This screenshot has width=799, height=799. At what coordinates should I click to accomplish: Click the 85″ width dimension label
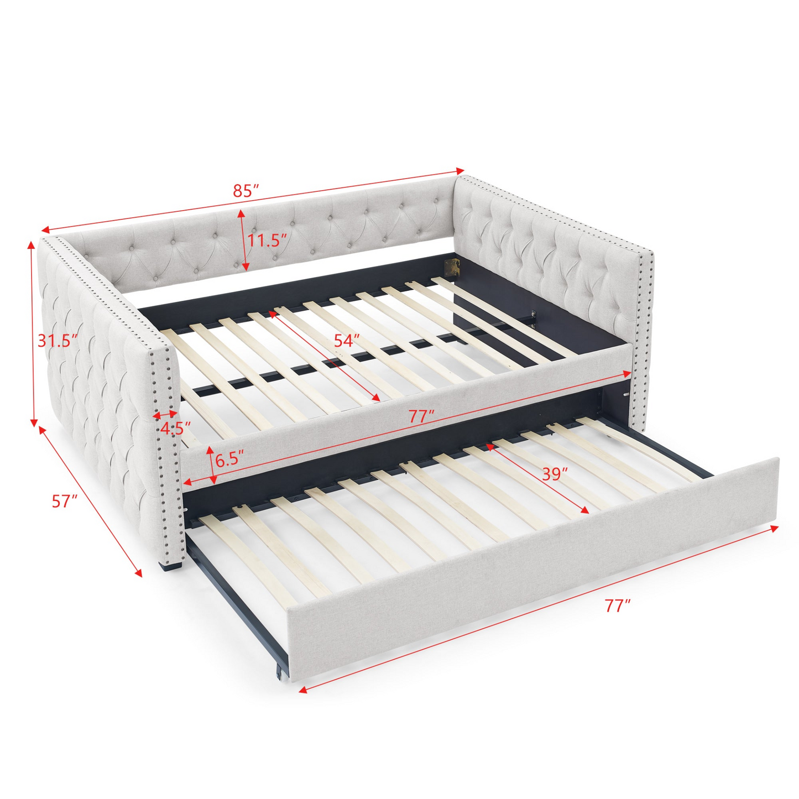[x=246, y=191]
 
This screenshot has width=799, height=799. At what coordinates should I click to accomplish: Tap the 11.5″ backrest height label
[x=267, y=241]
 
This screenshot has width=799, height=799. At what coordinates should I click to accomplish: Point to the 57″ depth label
[x=65, y=502]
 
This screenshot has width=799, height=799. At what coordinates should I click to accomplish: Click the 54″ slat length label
[x=347, y=341]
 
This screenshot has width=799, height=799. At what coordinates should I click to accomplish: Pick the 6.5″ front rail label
[x=229, y=460]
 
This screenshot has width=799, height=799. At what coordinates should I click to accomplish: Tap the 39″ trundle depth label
[x=555, y=474]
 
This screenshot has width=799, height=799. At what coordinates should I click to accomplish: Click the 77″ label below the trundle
[x=617, y=606]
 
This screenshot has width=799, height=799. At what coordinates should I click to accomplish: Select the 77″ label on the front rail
[x=422, y=417]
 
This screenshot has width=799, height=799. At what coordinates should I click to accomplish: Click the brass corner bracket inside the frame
[x=453, y=267]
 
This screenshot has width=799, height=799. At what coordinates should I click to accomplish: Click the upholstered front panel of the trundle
[x=531, y=575]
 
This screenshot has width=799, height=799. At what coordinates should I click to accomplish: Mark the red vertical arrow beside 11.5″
[x=241, y=241]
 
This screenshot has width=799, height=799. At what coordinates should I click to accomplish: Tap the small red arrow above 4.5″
[x=165, y=414]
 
